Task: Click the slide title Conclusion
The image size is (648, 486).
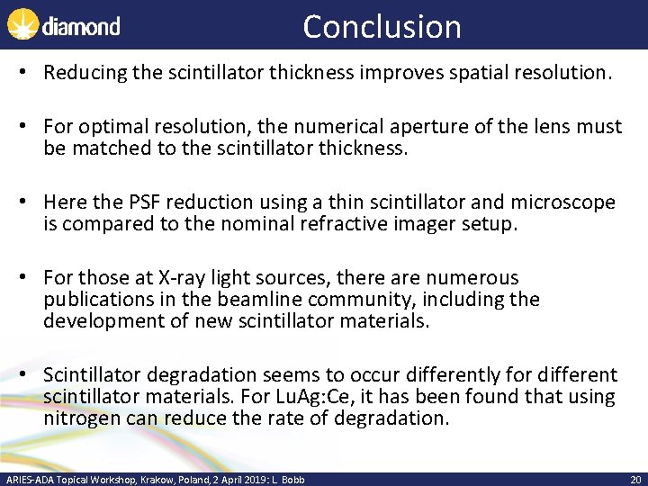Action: tap(382, 26)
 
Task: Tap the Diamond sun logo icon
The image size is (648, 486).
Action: tap(22, 24)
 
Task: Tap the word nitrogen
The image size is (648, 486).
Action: tap(80, 418)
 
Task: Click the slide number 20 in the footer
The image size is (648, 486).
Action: tap(634, 480)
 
